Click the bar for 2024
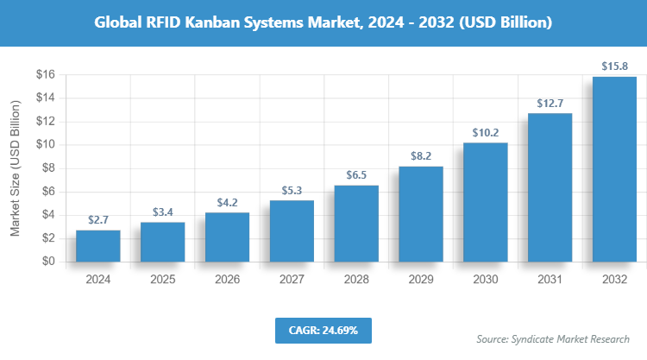97,246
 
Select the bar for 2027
292,231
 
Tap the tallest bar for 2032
614,169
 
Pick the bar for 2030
485,202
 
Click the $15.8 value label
614,66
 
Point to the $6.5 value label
355,174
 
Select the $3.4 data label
162,211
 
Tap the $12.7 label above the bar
550,103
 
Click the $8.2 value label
420,155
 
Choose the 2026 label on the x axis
227,280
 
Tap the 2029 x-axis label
420,280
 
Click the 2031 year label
550,280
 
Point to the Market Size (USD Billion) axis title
16,168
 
